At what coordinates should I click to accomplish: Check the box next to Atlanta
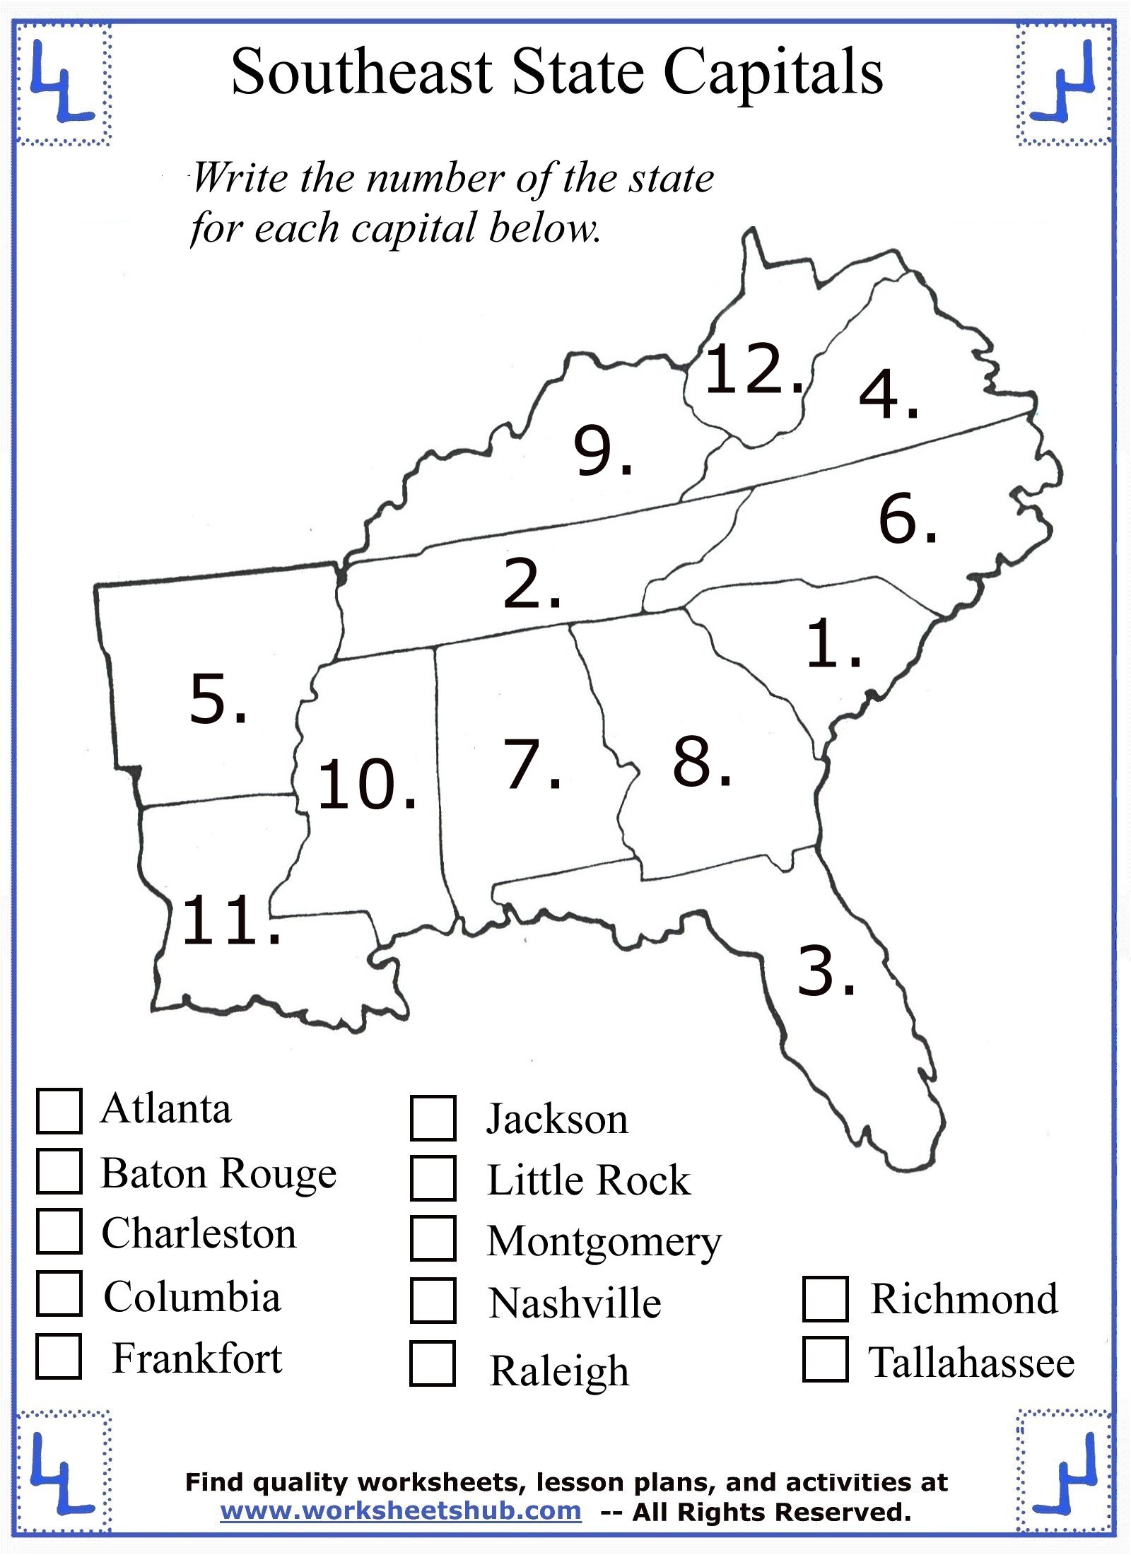59,1111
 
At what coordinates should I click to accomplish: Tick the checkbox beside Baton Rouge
59,1171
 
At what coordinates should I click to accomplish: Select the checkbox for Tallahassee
825,1359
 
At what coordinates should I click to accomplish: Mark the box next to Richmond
825,1298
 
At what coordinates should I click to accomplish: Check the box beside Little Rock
433,1178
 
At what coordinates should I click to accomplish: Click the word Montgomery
604,1241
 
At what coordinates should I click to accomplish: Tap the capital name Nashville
575,1303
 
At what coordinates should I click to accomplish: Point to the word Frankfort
197,1358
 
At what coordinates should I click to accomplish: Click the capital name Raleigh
559,1371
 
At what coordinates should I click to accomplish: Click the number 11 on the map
223,920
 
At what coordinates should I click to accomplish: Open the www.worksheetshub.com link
401,1510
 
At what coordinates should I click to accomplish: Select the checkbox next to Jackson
433,1117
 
